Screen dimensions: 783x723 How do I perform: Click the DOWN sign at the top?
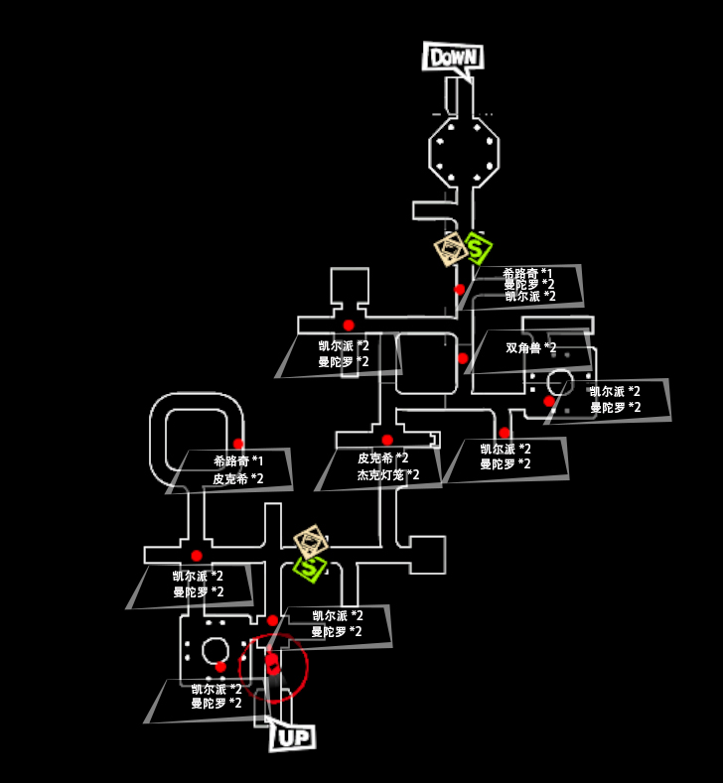pyautogui.click(x=453, y=57)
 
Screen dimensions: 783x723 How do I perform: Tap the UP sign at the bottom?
pyautogui.click(x=292, y=737)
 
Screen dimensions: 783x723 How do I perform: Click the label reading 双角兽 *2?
pyautogui.click(x=531, y=348)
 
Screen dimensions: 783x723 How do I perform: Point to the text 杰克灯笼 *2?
pyautogui.click(x=388, y=475)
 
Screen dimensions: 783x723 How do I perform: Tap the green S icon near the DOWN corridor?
pyautogui.click(x=478, y=247)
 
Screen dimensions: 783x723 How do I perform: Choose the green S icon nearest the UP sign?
pyautogui.click(x=311, y=567)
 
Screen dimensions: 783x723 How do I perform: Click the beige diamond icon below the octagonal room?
pyautogui.click(x=452, y=249)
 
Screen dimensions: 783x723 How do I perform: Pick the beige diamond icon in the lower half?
pyautogui.click(x=312, y=542)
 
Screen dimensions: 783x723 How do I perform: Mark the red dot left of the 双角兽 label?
pyautogui.click(x=463, y=358)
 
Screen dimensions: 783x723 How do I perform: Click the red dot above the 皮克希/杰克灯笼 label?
pyautogui.click(x=387, y=440)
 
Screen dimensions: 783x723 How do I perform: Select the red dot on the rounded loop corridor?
pyautogui.click(x=238, y=444)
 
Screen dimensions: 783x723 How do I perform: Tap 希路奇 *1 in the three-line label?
pyautogui.click(x=527, y=273)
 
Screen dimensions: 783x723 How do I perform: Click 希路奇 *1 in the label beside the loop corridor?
pyautogui.click(x=238, y=461)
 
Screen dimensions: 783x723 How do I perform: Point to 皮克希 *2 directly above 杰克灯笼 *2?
pyautogui.click(x=383, y=458)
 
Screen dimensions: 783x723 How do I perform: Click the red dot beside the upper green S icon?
pyautogui.click(x=459, y=289)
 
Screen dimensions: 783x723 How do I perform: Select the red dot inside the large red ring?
pyautogui.click(x=271, y=659)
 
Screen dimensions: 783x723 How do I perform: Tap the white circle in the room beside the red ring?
pyautogui.click(x=215, y=652)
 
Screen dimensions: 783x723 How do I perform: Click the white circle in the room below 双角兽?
pyautogui.click(x=559, y=381)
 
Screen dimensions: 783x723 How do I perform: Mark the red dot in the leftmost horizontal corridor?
pyautogui.click(x=196, y=556)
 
